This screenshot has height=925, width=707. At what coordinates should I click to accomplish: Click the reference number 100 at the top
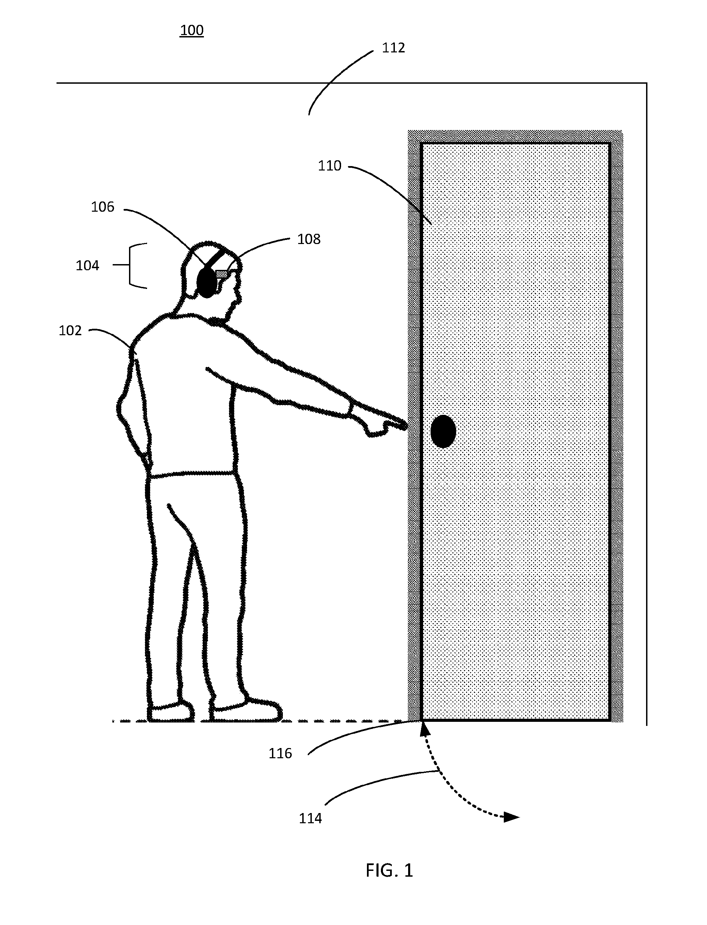192,30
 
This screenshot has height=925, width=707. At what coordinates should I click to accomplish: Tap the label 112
393,48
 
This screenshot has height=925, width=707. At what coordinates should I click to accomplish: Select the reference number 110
330,166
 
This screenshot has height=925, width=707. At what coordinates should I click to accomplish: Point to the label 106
103,207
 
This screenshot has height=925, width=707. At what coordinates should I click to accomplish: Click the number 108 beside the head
309,239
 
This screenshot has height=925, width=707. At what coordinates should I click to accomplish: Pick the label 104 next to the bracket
87,265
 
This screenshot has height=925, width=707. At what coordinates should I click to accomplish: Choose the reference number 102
70,331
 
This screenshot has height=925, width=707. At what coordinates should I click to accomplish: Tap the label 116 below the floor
280,753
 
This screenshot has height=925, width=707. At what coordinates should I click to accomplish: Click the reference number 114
310,818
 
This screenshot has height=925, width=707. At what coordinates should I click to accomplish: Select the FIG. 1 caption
389,870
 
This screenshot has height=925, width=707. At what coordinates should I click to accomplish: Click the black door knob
443,431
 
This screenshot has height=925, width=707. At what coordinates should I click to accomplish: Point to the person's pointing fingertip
406,426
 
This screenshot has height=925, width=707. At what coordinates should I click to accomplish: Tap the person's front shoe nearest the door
246,711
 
